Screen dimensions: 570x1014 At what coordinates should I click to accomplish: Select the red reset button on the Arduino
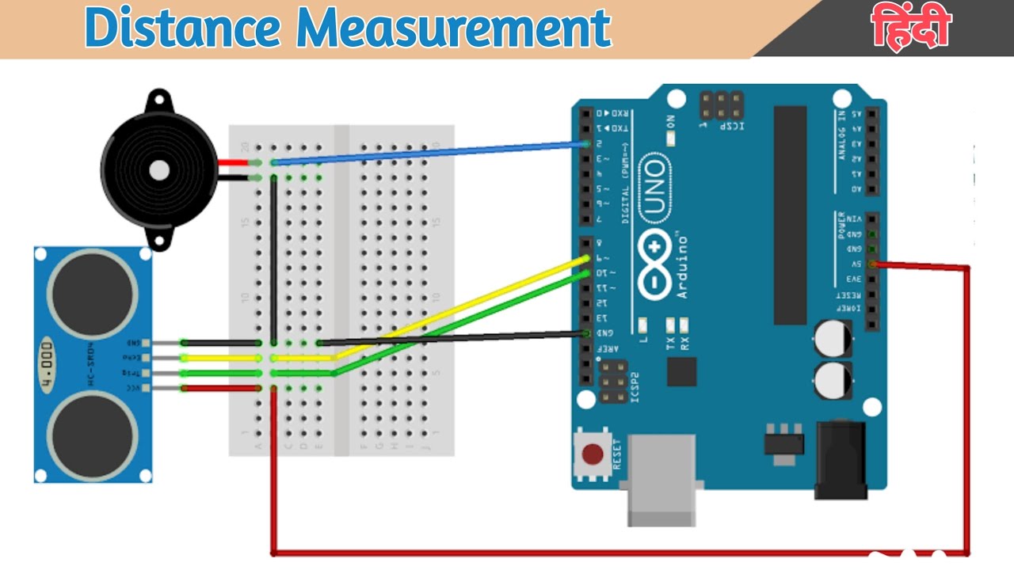pyautogui.click(x=593, y=454)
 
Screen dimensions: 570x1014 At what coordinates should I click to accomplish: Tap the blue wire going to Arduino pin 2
pyautogui.click(x=428, y=153)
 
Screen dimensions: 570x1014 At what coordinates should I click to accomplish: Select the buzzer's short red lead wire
pyautogui.click(x=233, y=163)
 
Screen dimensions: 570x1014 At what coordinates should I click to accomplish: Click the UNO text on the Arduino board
pyautogui.click(x=654, y=187)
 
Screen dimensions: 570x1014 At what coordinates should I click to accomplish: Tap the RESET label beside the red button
pyautogui.click(x=617, y=454)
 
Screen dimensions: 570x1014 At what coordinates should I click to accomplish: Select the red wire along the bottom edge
pyautogui.click(x=618, y=553)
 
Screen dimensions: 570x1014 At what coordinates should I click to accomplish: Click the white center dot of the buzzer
pyautogui.click(x=159, y=169)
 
